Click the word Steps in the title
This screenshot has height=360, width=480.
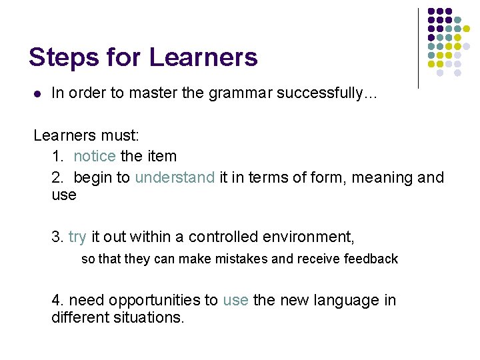(x=61, y=58)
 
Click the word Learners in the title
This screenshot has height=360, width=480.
(x=203, y=57)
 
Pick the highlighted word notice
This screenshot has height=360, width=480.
(x=94, y=157)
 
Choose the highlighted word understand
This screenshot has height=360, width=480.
(x=175, y=177)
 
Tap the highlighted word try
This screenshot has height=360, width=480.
(x=77, y=237)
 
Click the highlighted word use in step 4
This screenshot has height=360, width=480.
(x=235, y=301)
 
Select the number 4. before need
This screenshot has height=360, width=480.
(x=58, y=301)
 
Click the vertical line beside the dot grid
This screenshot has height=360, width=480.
(x=418, y=48)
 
